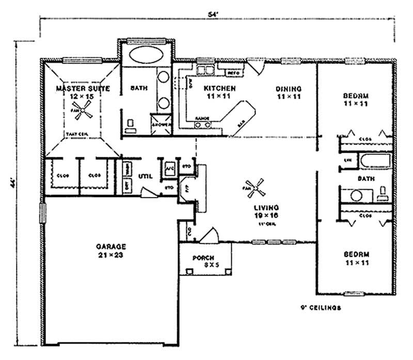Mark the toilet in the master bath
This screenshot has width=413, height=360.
click(x=130, y=125)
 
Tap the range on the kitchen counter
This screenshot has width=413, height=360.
click(x=201, y=121)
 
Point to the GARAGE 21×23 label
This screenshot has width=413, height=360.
click(x=110, y=250)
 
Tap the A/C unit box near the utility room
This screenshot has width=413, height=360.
click(x=169, y=169)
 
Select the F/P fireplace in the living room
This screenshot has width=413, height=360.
click(x=185, y=188)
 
